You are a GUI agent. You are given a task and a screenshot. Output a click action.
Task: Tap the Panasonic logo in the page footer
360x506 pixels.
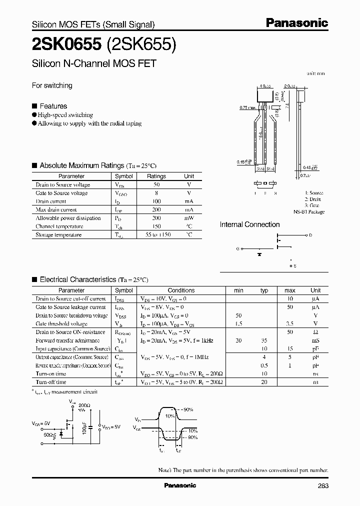click(180, 485)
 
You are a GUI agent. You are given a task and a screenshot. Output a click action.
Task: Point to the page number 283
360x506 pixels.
click(322, 485)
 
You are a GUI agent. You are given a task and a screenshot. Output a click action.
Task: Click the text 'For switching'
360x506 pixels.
click(52, 85)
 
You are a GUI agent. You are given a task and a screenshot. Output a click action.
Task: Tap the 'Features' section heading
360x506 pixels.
click(53, 106)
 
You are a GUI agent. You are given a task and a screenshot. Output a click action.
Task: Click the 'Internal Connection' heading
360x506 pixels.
click(249, 224)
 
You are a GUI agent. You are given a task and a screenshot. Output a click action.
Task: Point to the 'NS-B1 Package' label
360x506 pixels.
click(309, 211)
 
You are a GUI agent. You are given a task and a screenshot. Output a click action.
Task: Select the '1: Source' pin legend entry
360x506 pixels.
click(314, 193)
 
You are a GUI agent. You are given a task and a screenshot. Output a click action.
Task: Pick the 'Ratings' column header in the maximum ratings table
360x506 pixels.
click(156, 176)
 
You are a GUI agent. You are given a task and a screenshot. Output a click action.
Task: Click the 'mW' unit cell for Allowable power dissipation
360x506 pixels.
click(189, 218)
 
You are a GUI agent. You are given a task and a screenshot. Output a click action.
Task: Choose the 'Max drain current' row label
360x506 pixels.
click(56, 209)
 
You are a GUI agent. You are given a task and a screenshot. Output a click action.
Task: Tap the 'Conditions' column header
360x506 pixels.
click(181, 290)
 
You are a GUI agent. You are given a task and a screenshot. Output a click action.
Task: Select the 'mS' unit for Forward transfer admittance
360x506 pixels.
click(315, 340)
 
